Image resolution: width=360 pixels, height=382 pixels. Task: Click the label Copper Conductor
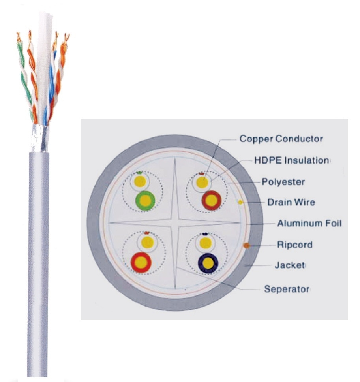(281, 139)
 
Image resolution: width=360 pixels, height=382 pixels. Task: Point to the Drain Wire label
(291, 202)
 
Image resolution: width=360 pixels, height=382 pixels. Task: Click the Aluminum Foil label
(309, 223)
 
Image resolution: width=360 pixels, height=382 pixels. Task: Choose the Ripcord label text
(294, 245)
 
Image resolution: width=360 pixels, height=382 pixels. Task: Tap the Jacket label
(290, 265)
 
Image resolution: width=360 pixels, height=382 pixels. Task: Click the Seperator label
(287, 289)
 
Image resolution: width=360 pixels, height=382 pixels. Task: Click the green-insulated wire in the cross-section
(145, 201)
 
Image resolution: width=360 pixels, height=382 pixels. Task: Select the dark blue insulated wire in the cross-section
(210, 263)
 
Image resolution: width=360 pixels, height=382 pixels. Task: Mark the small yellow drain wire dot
(240, 202)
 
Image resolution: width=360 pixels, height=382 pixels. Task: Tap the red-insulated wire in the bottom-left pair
(142, 262)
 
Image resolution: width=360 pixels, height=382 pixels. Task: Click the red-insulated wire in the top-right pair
(211, 201)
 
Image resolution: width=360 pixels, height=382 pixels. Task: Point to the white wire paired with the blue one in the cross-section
(205, 242)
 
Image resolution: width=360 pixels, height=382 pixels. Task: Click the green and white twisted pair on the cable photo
(24, 79)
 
